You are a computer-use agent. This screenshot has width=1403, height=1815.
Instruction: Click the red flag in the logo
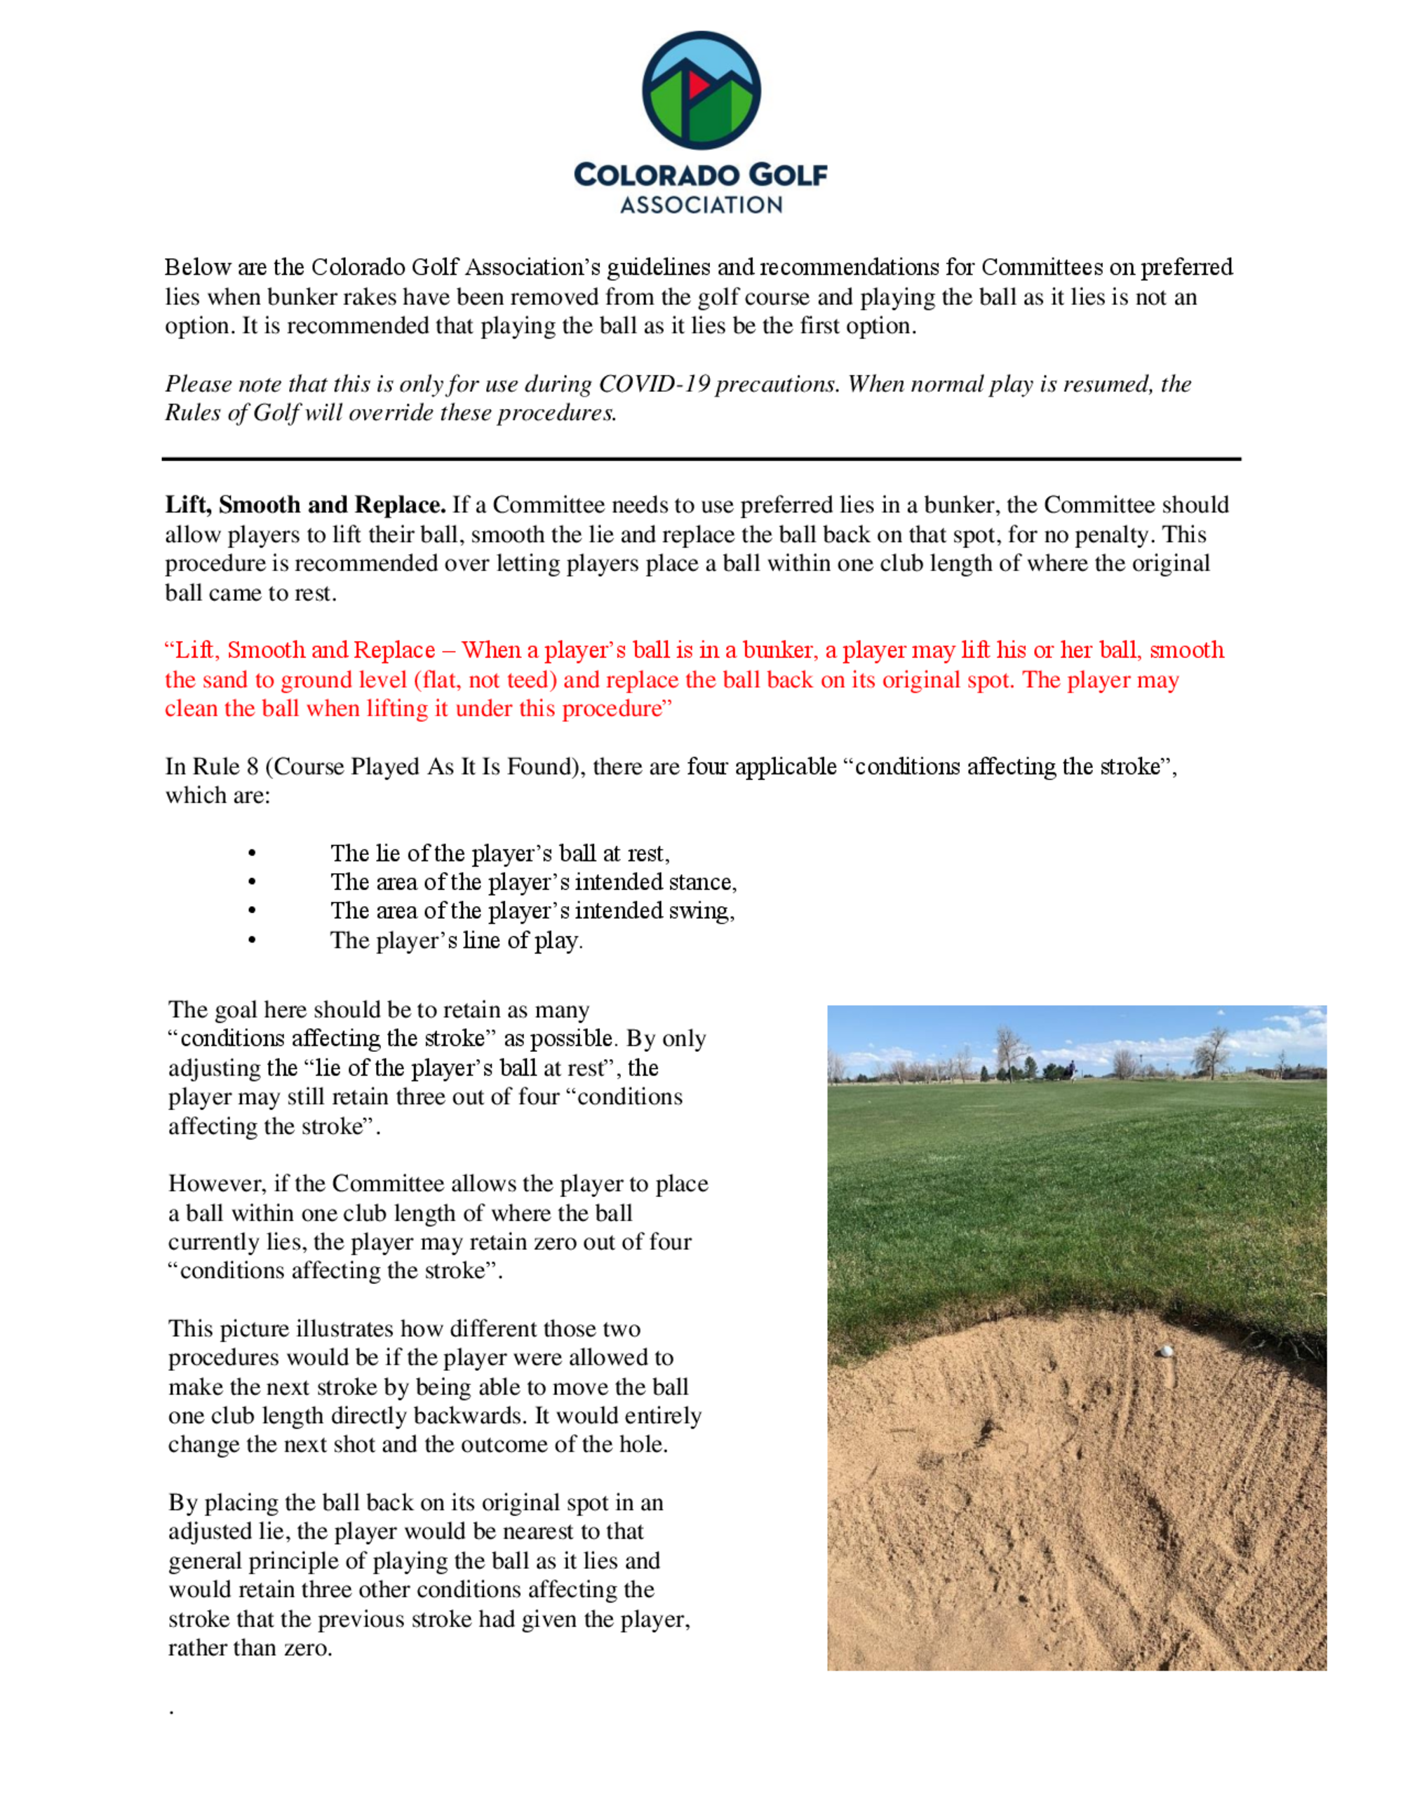click(x=697, y=84)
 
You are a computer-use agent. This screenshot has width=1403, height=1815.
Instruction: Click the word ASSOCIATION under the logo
click(x=701, y=205)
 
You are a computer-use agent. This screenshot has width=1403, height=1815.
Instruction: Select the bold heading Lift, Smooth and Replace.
click(x=305, y=505)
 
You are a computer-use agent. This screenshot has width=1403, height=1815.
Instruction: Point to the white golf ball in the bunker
click(x=1165, y=1351)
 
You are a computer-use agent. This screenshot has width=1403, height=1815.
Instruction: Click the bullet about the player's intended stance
click(x=532, y=882)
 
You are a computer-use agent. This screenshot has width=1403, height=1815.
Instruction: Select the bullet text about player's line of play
click(x=456, y=940)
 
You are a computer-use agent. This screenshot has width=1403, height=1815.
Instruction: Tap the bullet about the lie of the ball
click(x=499, y=853)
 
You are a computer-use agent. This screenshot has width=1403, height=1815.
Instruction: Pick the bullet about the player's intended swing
click(x=532, y=911)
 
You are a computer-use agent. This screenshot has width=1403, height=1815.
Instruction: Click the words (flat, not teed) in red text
click(x=485, y=680)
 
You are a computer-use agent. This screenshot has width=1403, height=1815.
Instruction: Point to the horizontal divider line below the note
click(x=701, y=459)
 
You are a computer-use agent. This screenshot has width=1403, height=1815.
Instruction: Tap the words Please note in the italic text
click(x=213, y=384)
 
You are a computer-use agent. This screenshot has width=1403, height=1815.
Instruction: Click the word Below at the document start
click(x=197, y=268)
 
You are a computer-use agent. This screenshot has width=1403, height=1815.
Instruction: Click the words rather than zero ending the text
click(x=249, y=1648)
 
